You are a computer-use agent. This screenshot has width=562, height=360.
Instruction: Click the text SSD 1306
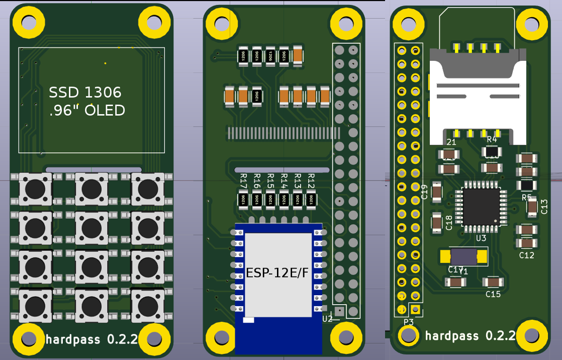[85, 93]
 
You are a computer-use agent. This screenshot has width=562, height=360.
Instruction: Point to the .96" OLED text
[87, 110]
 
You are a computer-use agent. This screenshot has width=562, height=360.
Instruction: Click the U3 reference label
[481, 237]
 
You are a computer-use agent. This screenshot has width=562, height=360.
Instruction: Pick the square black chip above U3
[481, 206]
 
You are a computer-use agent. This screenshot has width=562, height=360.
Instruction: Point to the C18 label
[449, 222]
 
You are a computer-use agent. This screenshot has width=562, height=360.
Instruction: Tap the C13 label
[544, 206]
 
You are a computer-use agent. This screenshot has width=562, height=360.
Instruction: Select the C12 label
[526, 255]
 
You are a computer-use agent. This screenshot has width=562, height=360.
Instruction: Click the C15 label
[493, 294]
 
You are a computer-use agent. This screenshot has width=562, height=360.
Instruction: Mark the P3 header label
[409, 322]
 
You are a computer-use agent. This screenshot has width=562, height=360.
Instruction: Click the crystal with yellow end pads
[463, 256]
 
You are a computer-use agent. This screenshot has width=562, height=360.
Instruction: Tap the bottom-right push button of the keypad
[147, 304]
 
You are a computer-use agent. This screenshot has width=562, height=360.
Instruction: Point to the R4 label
[492, 139]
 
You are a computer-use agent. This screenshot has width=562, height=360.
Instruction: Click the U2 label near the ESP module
[328, 318]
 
